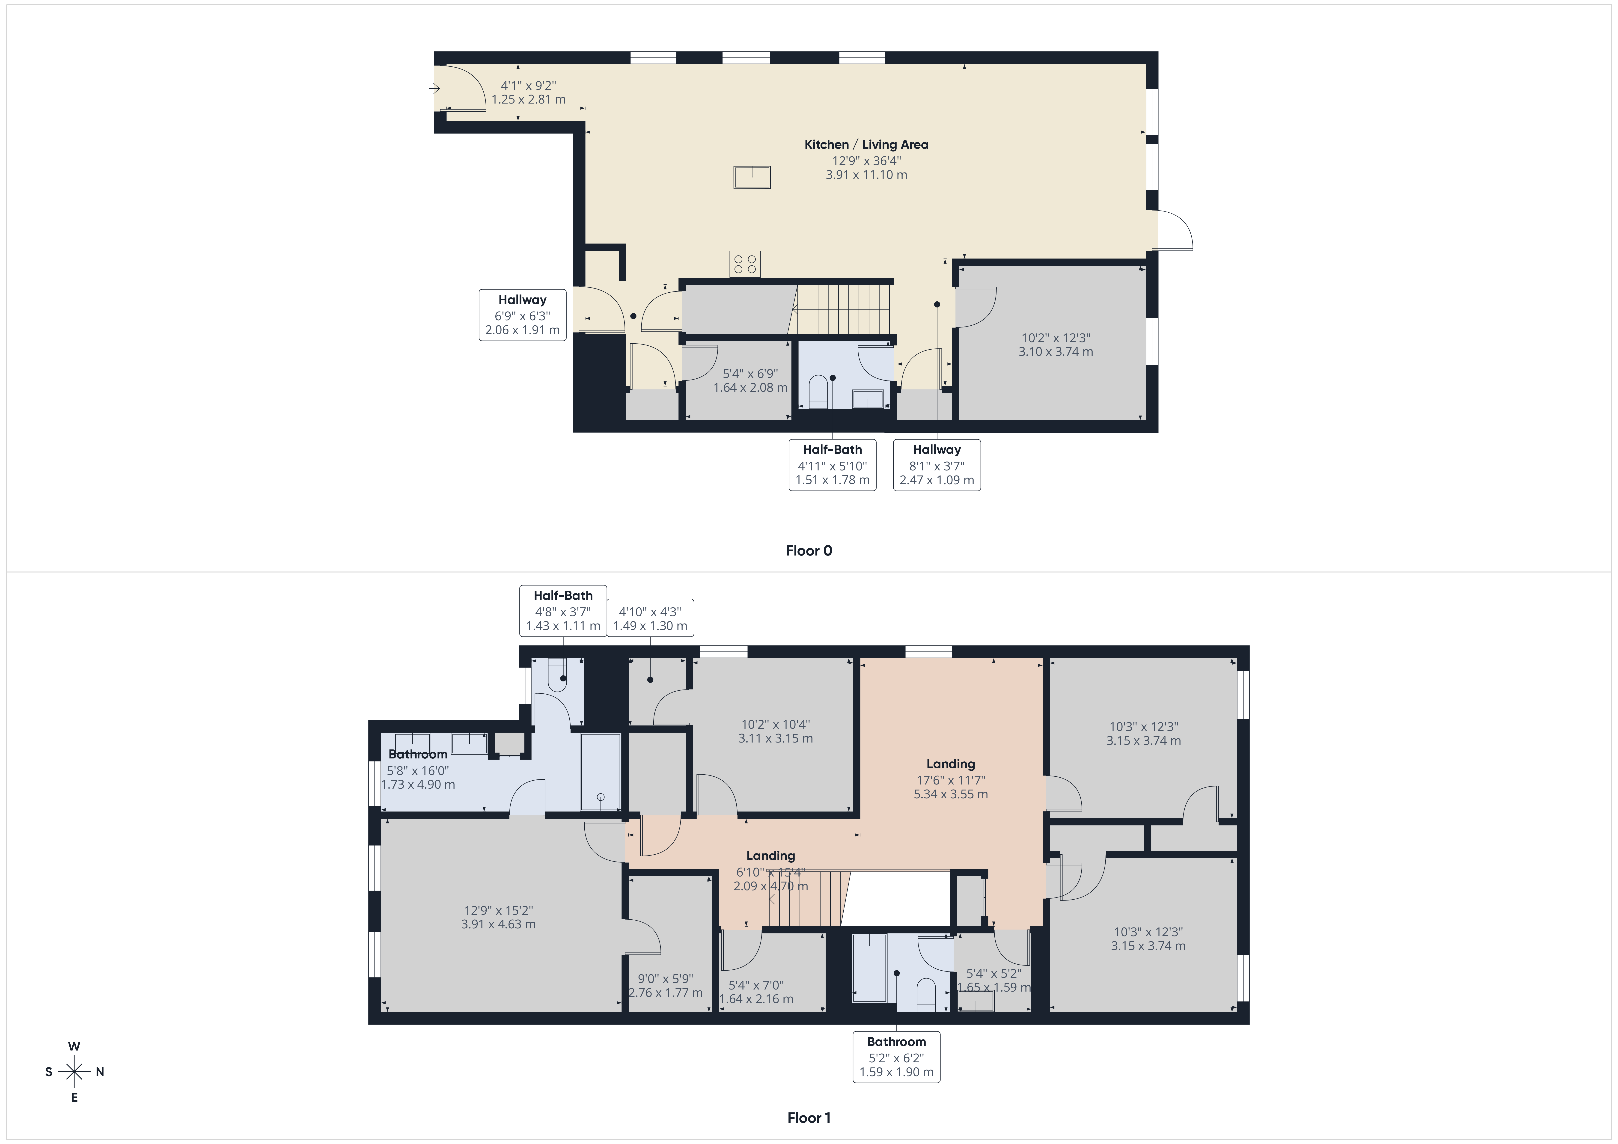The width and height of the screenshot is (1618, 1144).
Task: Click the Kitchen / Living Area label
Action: click(x=866, y=145)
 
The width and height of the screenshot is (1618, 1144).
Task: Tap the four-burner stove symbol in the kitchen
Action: click(x=745, y=264)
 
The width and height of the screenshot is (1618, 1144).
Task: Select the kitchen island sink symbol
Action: click(x=752, y=177)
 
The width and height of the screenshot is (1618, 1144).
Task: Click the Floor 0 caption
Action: click(x=809, y=550)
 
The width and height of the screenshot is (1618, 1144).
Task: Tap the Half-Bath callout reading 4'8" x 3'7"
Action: click(x=563, y=610)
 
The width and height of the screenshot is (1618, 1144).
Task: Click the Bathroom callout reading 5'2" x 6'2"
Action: click(x=896, y=1057)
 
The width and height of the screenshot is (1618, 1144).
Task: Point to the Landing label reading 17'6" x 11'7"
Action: click(x=951, y=779)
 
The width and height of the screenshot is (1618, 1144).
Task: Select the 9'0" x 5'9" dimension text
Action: click(x=665, y=985)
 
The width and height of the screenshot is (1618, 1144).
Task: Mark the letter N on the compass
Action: click(x=100, y=1072)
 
